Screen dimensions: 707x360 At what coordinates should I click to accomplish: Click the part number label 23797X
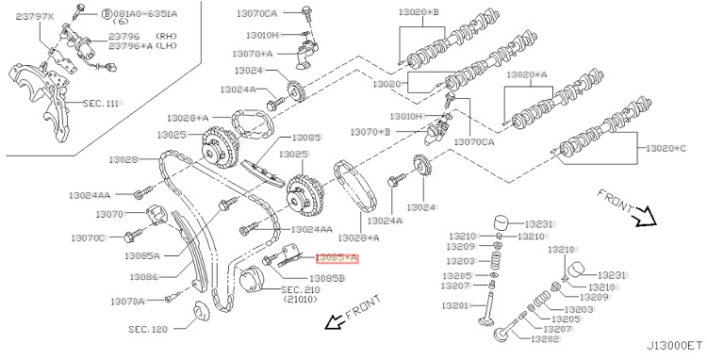point(35,17)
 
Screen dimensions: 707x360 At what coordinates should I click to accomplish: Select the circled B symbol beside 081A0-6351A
point(107,13)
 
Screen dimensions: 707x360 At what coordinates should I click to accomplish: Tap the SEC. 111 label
point(101,104)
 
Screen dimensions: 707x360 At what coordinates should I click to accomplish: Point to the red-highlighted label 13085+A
point(337,257)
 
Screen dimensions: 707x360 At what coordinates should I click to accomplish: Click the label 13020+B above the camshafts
point(419,11)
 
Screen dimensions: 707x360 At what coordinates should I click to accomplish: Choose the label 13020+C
point(666,148)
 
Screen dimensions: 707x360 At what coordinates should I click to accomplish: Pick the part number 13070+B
point(370,132)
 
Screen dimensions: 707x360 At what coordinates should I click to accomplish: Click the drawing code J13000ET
point(674,346)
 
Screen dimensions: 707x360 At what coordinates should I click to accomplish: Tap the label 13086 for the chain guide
point(144,277)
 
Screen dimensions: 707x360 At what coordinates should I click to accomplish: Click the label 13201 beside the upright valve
point(455,306)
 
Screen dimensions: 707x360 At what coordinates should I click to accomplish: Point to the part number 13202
point(545,339)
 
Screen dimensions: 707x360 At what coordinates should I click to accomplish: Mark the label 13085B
point(327,279)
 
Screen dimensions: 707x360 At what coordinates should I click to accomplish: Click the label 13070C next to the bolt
point(88,237)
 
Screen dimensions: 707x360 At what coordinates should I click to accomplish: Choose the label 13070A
point(127,302)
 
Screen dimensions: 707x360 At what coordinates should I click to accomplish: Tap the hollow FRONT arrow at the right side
point(644,216)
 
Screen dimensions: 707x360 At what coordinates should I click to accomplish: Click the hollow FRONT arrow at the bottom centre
point(335,321)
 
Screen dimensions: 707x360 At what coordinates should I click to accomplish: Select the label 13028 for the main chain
point(123,159)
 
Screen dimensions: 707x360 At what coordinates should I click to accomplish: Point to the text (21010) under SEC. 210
point(301,299)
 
